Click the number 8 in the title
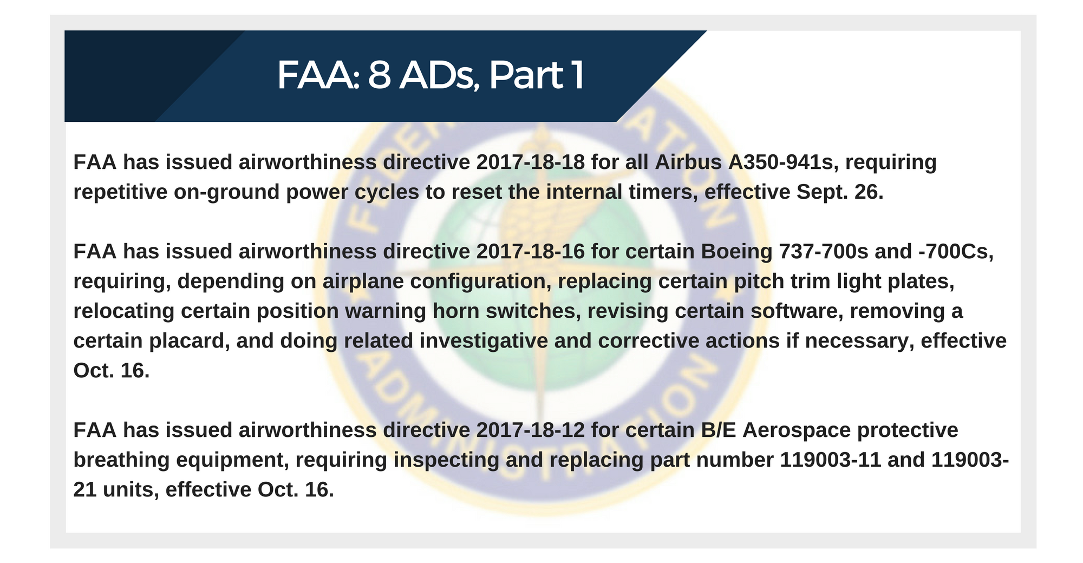coord(380,75)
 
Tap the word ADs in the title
coord(440,75)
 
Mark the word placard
coord(192,341)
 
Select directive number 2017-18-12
coord(531,430)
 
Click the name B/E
coord(719,430)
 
